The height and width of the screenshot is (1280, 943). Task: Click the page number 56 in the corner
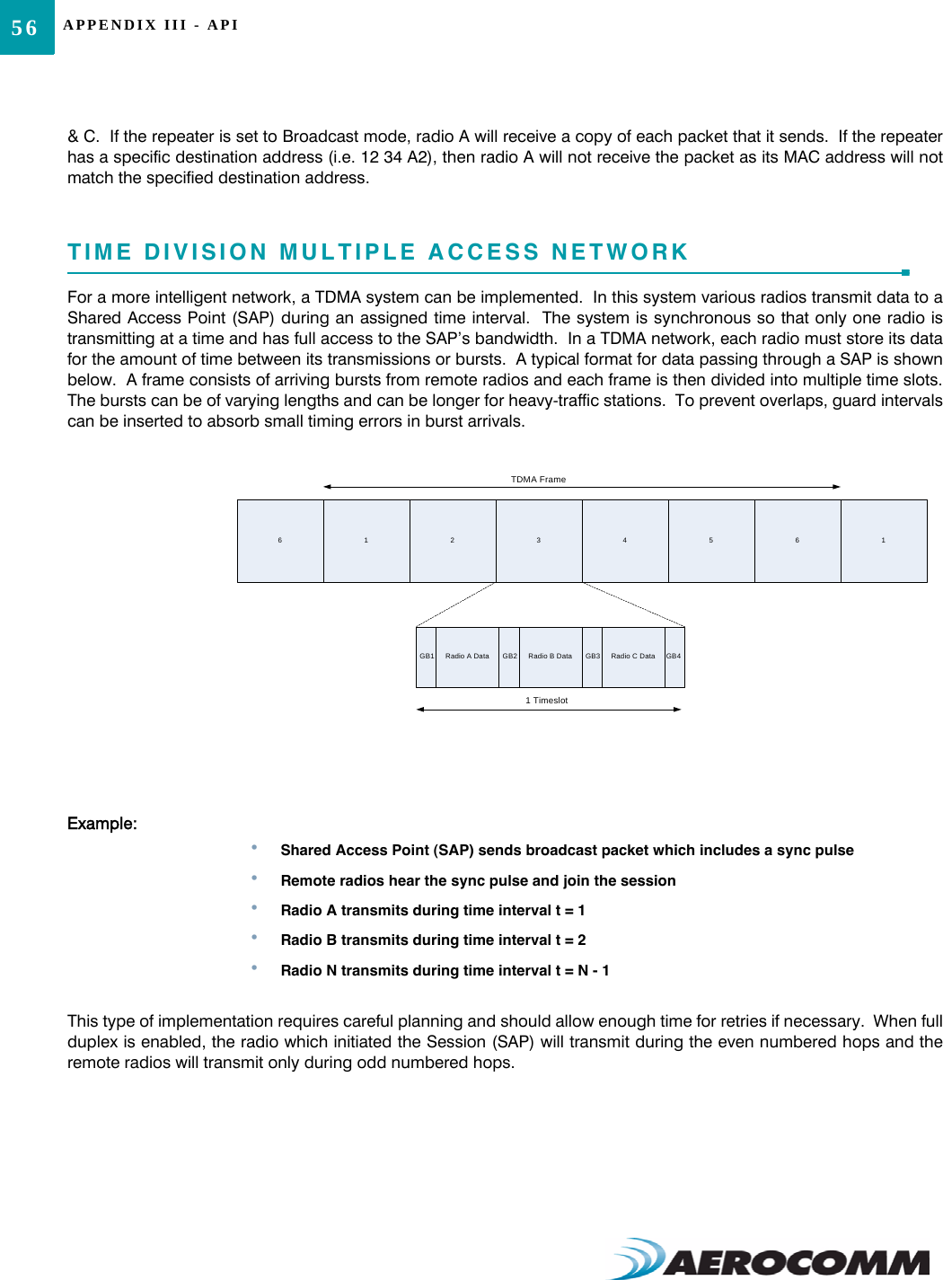pos(24,28)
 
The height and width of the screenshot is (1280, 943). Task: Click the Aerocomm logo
pos(772,1258)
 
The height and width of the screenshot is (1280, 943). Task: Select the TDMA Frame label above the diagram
pos(538,480)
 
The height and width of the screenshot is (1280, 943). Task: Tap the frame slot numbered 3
pos(539,541)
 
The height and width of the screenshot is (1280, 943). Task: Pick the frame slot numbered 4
pos(625,541)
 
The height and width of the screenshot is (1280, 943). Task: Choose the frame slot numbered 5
pos(711,541)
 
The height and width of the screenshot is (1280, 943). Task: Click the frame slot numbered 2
pos(453,541)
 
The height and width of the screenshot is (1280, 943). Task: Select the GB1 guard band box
pos(427,657)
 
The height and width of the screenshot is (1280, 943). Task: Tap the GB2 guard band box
pos(509,657)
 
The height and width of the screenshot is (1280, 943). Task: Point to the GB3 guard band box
pos(593,657)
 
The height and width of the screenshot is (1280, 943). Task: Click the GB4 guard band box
pos(674,657)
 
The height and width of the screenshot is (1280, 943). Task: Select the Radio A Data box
pos(467,657)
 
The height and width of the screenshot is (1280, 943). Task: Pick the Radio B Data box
pos(550,657)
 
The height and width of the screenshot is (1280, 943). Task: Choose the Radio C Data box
pos(633,657)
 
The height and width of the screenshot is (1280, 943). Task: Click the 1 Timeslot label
pos(546,701)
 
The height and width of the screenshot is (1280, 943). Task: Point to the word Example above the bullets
pos(101,824)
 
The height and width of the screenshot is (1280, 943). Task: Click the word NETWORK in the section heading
pos(620,252)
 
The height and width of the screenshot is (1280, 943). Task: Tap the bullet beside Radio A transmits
pos(255,908)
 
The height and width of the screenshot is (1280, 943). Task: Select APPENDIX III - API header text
pos(151,25)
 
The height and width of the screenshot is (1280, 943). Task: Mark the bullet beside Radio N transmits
pos(255,968)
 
